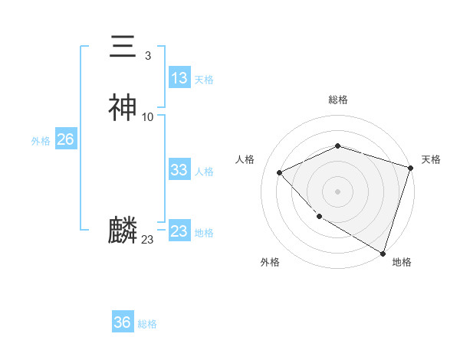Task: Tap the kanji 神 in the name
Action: (x=123, y=108)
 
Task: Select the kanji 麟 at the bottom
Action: (x=123, y=231)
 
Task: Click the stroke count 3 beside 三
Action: (x=147, y=55)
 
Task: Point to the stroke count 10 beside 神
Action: (x=148, y=116)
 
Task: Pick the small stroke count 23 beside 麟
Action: (x=147, y=240)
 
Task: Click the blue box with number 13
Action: (x=179, y=78)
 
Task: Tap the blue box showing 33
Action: (x=179, y=170)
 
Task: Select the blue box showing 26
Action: (x=65, y=139)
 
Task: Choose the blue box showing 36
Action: (x=122, y=322)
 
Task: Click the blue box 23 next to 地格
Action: (x=179, y=231)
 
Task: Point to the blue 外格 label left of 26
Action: (x=41, y=141)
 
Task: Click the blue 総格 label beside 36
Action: (x=147, y=324)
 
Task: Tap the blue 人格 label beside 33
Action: (x=204, y=172)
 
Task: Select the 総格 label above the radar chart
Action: (x=337, y=100)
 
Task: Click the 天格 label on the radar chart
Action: (x=431, y=159)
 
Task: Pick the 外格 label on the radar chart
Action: (x=270, y=262)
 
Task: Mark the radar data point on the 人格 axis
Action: (x=280, y=172)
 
